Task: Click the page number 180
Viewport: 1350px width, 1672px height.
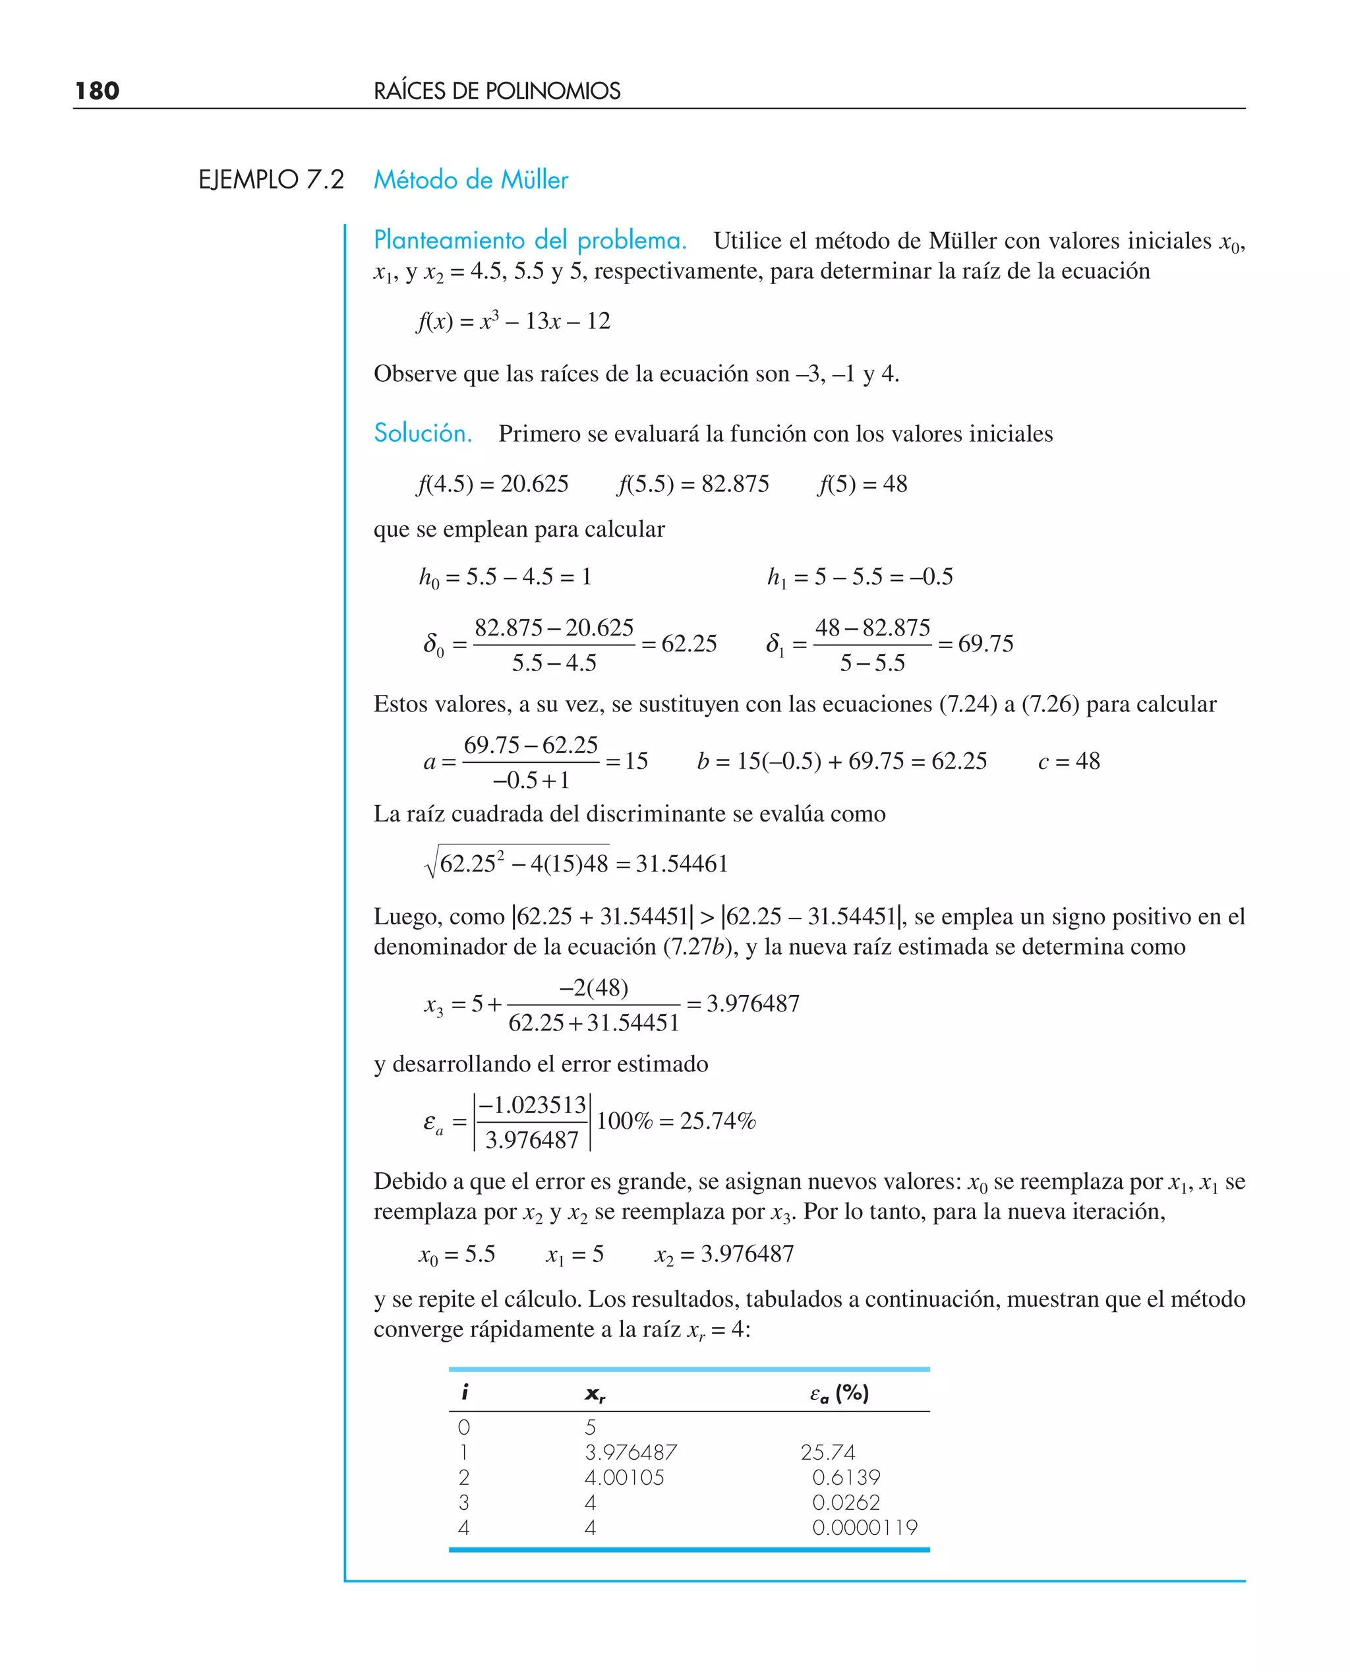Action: pos(97,91)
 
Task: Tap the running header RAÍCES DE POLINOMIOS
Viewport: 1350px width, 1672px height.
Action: pos(497,91)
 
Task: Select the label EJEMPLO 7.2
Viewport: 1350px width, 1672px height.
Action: pos(271,179)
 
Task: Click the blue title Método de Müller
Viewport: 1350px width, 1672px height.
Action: pos(471,179)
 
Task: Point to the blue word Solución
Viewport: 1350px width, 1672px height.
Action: pos(423,433)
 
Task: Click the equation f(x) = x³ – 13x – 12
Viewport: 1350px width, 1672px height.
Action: pos(514,320)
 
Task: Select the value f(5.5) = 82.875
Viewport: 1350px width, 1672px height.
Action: pos(693,484)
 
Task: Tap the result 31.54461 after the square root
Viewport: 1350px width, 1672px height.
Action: pos(681,863)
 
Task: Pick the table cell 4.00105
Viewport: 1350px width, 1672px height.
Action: pos(624,1477)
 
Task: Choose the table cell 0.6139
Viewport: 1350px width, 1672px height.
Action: pos(846,1477)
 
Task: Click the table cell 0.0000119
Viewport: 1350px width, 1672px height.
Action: pos(865,1528)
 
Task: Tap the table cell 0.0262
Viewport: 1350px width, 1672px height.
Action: pos(846,1503)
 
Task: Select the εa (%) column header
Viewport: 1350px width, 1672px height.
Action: pos(839,1393)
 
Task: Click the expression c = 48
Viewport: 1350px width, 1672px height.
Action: pos(1069,761)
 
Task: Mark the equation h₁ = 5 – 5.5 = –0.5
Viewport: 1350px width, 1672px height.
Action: pos(860,576)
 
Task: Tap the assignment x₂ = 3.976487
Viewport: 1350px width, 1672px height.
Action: pos(724,1253)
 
